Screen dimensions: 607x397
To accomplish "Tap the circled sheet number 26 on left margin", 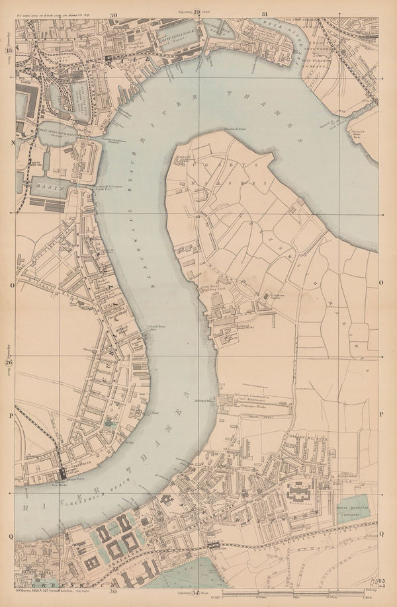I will click(9, 363).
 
